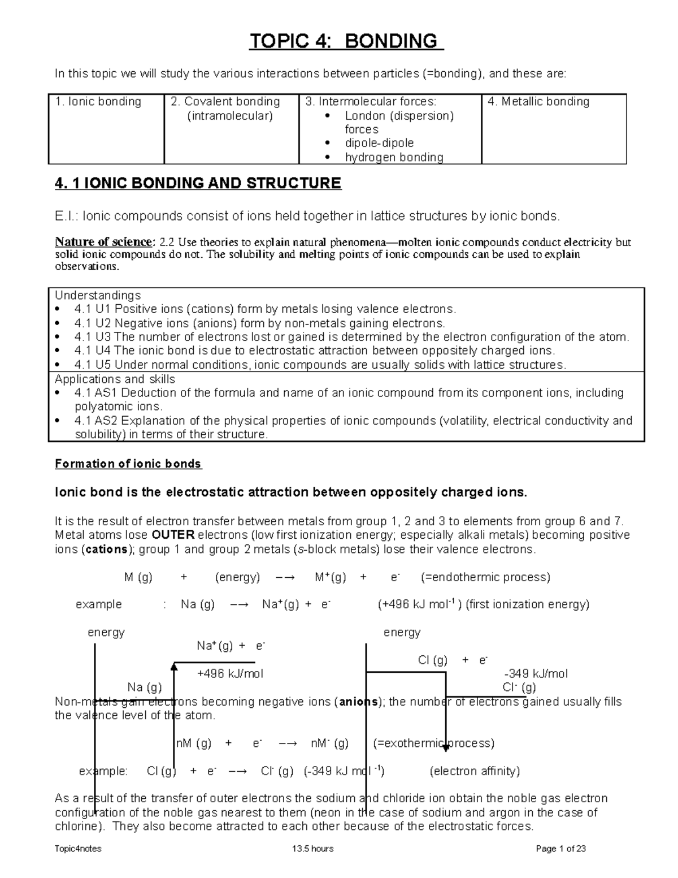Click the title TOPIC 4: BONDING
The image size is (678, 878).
[x=346, y=41]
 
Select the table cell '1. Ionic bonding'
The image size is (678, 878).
[x=98, y=102]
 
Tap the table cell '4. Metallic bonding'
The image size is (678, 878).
[x=538, y=102]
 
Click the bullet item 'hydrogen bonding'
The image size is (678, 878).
[x=394, y=157]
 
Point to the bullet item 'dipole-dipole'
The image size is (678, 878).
[x=379, y=143]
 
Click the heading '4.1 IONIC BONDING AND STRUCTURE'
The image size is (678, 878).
[x=198, y=183]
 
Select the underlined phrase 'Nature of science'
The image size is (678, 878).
[x=103, y=242]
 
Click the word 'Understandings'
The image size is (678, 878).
[x=97, y=295]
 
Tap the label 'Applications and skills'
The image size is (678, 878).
[x=115, y=379]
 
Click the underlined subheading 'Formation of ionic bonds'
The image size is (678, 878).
[x=128, y=464]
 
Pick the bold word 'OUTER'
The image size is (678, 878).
[x=173, y=535]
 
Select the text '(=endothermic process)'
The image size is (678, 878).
[x=485, y=577]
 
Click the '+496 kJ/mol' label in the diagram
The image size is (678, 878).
[x=230, y=674]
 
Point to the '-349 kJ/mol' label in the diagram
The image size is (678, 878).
[x=535, y=674]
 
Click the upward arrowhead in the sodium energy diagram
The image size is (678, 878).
[x=174, y=668]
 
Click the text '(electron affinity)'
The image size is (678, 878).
[x=475, y=771]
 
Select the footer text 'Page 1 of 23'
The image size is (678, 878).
[x=560, y=849]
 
